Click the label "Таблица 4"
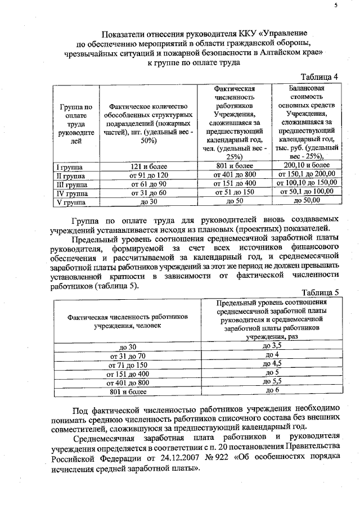[319, 76]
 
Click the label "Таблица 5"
[319, 292]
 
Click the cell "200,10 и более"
[307, 165]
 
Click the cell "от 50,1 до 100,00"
[307, 191]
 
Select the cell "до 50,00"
[307, 200]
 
